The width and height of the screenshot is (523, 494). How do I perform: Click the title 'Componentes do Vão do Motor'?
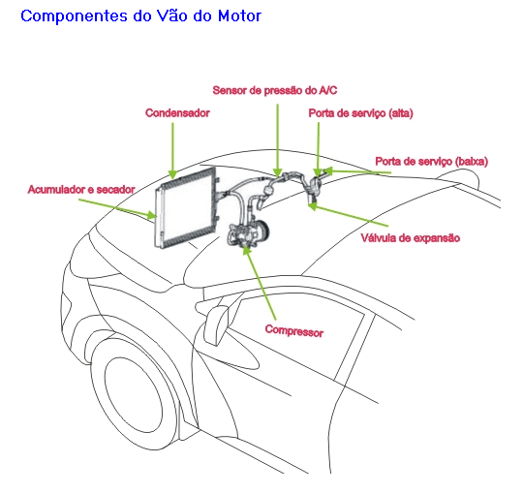[x=141, y=15]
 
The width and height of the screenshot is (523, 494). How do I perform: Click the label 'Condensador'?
[x=177, y=113]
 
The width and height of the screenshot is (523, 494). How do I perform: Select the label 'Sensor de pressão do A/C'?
[x=275, y=90]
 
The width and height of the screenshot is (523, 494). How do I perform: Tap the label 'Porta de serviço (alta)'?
[x=361, y=113]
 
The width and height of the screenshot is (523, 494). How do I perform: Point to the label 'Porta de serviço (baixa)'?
[x=432, y=162]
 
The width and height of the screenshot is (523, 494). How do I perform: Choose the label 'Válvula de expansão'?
[x=411, y=238]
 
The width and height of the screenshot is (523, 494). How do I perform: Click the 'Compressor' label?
[x=294, y=330]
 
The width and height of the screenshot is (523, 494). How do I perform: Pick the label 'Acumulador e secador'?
[x=81, y=190]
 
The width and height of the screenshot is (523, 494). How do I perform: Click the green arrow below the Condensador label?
[x=172, y=151]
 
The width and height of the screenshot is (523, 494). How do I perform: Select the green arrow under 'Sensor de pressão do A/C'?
[x=278, y=140]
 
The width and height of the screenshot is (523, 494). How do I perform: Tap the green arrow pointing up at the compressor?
[x=260, y=282]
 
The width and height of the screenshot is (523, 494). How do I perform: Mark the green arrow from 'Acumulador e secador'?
[x=117, y=209]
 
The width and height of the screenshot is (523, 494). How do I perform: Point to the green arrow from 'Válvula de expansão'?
[x=348, y=214]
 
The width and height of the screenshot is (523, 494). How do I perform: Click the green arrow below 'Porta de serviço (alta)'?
[x=319, y=149]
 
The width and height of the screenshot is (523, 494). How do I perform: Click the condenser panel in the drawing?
[x=185, y=207]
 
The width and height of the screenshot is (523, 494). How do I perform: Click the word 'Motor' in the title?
[x=239, y=15]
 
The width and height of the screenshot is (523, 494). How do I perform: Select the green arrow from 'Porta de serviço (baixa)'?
[x=356, y=172]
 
